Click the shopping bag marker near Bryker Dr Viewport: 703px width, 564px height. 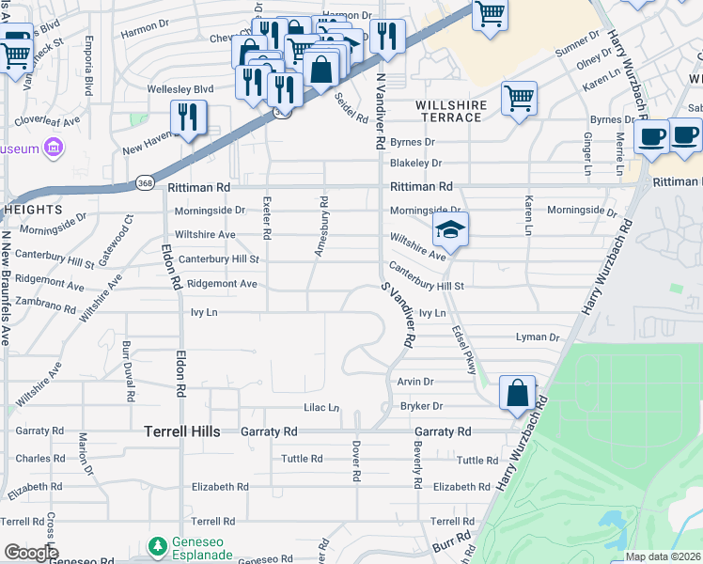[x=517, y=393]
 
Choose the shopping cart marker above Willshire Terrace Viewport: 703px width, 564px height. [x=519, y=98]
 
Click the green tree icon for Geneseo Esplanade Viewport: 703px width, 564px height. [x=158, y=545]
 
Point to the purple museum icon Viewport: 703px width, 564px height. [x=53, y=149]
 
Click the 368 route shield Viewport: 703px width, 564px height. [x=144, y=182]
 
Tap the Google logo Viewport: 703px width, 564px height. [x=30, y=553]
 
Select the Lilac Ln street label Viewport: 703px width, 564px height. [x=320, y=408]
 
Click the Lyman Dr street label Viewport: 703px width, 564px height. [x=538, y=337]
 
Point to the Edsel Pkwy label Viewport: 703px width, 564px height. [x=465, y=352]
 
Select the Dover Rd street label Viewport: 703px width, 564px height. [x=356, y=461]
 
